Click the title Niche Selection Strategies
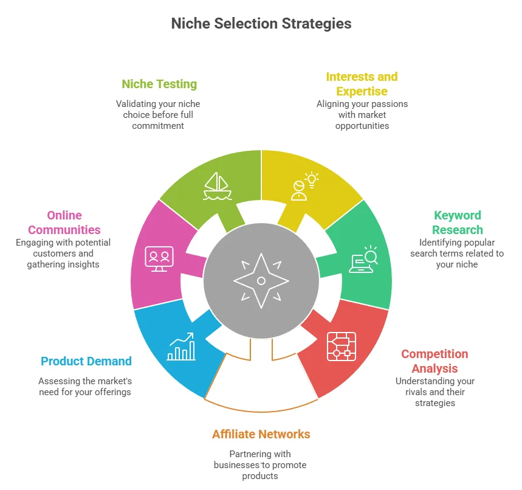pos(261,24)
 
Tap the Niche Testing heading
pos(159,84)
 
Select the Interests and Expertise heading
pos(362,84)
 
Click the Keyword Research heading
pos(458,223)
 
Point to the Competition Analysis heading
pos(434,361)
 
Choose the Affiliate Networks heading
pos(261,434)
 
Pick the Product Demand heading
pos(86,361)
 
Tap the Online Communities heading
pos(64,223)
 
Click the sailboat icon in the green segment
pos(218,185)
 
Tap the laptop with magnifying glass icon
pos(363,259)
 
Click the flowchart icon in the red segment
pos(341,346)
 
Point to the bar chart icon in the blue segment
pos(181,347)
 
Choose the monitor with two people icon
pos(159,258)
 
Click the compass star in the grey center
pos(261,280)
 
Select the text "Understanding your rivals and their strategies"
pos(435,392)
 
